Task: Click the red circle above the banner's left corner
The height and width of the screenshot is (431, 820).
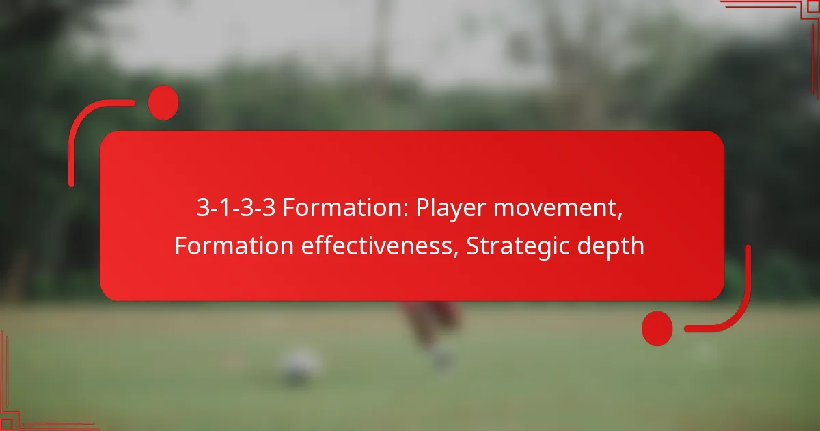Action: coord(163,103)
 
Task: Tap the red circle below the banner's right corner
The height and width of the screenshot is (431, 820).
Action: coord(657,328)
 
